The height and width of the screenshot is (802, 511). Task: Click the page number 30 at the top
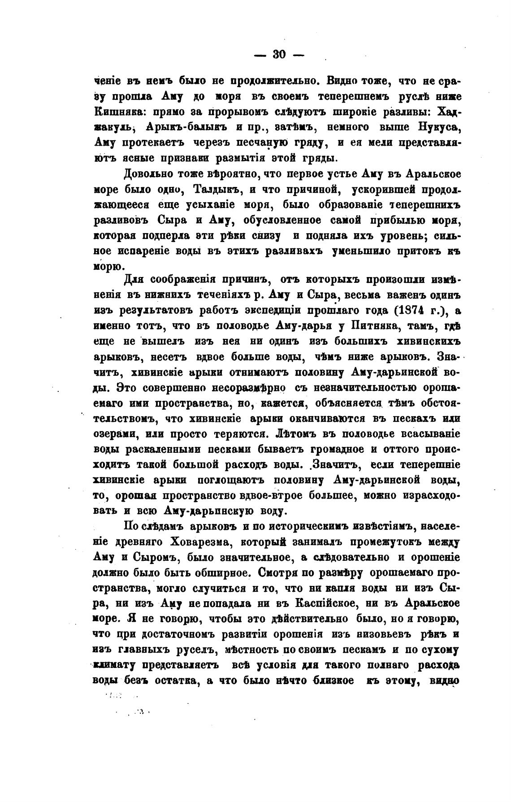[x=278, y=54]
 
